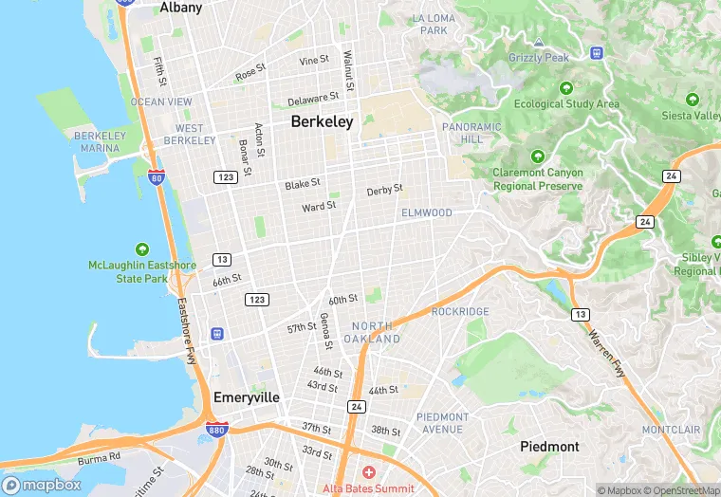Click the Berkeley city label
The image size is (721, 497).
click(322, 121)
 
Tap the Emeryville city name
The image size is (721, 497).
click(247, 396)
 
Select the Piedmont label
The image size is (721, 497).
click(549, 446)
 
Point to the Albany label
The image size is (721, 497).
click(180, 8)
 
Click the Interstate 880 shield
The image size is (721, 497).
click(217, 430)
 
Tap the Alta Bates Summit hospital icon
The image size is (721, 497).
click(368, 472)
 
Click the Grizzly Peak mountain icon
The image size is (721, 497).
click(539, 43)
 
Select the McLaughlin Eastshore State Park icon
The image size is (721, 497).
click(142, 248)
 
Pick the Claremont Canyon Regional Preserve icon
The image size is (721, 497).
click(538, 156)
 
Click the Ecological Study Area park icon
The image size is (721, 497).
click(566, 87)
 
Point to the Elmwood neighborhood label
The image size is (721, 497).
click(426, 213)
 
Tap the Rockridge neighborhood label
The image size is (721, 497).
click(460, 311)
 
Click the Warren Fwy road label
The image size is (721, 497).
click(604, 351)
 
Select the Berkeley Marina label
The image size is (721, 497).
click(100, 142)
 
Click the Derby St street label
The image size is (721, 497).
click(384, 191)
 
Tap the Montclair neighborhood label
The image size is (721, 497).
click(671, 430)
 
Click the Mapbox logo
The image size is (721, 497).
click(41, 485)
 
